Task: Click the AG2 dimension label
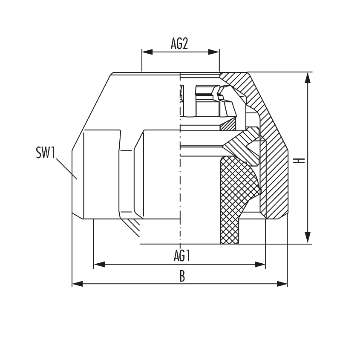(x=180, y=44)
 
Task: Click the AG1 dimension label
(x=182, y=256)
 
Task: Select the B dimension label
(x=182, y=276)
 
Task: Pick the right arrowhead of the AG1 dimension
(x=260, y=265)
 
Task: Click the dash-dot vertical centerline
(x=181, y=170)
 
